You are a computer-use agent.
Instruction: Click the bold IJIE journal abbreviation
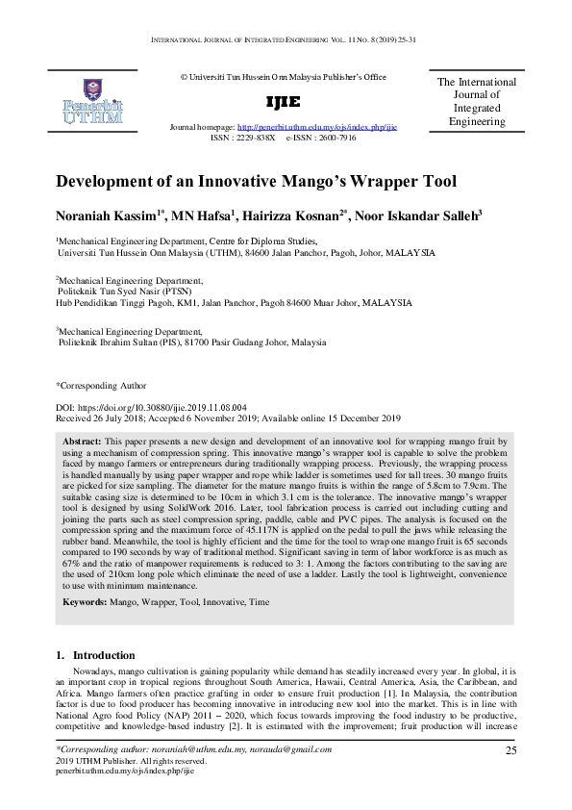pos(283,102)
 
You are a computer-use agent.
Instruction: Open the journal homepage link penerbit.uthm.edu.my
pos(316,127)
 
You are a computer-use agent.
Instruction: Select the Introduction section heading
pos(104,656)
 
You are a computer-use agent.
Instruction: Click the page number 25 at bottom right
pos(511,750)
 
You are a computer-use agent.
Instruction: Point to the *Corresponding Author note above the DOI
pos(101,385)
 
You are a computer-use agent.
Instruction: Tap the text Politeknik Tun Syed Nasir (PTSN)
pos(125,290)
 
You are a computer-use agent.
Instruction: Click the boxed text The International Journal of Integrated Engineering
pos(477,102)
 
